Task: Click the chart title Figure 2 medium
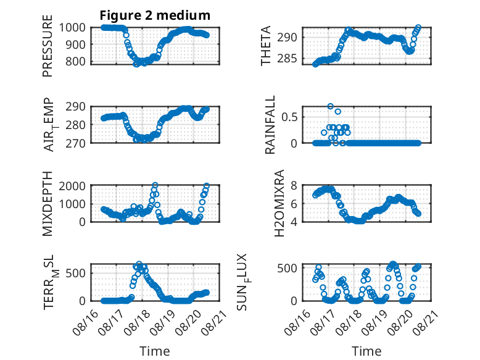(x=155, y=15)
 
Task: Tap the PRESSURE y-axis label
(x=48, y=46)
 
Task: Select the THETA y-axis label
(x=266, y=46)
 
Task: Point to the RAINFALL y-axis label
(x=270, y=125)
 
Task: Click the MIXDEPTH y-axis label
(x=48, y=204)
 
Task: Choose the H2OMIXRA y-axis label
(x=279, y=203)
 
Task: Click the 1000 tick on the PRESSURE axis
(x=72, y=28)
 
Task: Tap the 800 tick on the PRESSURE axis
(x=76, y=61)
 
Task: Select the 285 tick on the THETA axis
(x=287, y=58)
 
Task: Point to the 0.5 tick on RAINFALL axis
(x=289, y=117)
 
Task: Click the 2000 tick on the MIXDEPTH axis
(x=72, y=186)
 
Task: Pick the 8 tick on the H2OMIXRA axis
(x=294, y=185)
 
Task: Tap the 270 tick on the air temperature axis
(x=76, y=143)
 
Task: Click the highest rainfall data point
(x=330, y=106)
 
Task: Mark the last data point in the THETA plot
(x=418, y=27)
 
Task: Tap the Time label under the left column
(x=155, y=351)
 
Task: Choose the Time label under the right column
(x=366, y=351)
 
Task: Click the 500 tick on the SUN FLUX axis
(x=287, y=268)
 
